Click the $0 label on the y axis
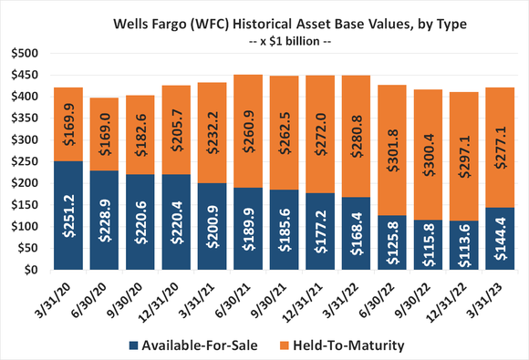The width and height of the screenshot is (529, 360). (x=26, y=270)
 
